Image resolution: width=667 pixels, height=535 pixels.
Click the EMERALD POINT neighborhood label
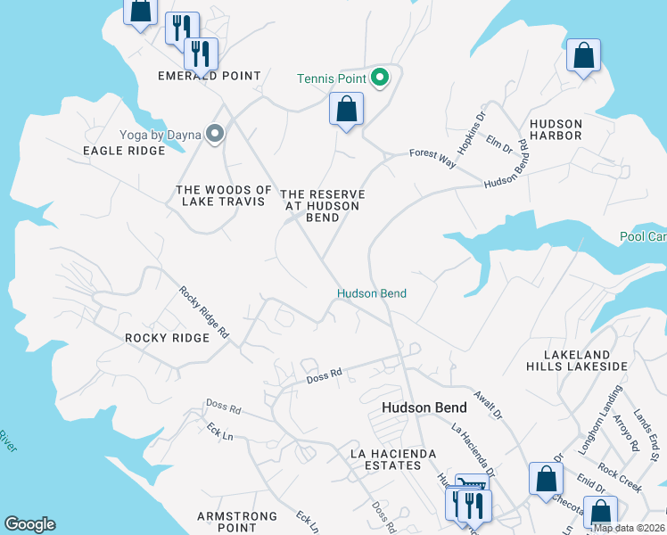210,76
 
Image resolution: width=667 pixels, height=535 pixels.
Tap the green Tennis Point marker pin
379,78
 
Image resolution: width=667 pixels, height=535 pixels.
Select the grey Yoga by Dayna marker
214,134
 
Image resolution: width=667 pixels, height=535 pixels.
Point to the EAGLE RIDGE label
124,151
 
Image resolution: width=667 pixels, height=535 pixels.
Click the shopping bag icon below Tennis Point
346,111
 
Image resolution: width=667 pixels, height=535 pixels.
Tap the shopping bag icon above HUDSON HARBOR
583,56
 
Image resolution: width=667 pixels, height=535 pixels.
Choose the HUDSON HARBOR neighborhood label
556,129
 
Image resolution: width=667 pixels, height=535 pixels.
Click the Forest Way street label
432,158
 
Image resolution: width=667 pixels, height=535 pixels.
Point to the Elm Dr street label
500,144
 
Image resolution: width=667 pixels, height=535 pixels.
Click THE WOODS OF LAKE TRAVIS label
223,195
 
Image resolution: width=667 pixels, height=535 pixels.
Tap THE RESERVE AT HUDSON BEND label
323,206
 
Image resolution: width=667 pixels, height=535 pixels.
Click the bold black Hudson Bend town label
424,407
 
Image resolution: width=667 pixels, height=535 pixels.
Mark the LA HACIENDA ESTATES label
392,459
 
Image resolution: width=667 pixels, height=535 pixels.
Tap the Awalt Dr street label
489,407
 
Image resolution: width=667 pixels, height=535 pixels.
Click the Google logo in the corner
29,524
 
